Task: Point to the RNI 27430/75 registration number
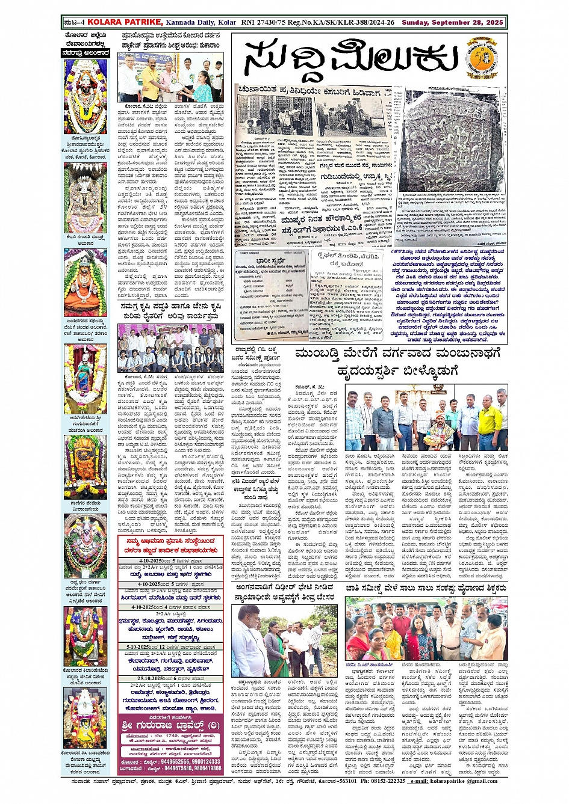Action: point(261,22)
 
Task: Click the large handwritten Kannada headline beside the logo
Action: point(351,60)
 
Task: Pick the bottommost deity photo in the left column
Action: point(85,717)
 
